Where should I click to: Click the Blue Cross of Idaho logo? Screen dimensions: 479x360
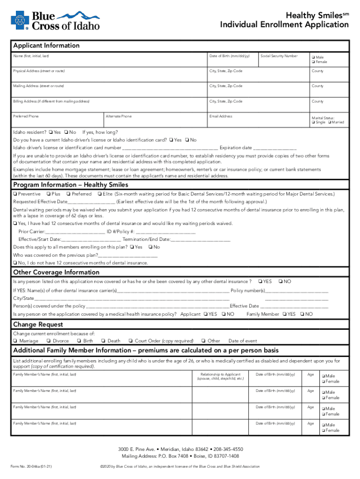55,20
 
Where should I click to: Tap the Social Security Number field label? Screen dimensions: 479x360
279,56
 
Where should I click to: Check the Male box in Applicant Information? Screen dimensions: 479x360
313,57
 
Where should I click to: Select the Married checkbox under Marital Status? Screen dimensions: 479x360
330,122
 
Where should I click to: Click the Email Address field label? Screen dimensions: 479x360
221,116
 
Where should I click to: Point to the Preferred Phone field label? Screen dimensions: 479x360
26,116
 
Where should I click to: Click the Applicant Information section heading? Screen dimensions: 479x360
46,46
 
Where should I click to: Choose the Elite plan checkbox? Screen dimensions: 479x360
100,194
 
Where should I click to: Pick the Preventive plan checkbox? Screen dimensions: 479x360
16,194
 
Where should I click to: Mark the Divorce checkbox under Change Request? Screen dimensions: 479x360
49,341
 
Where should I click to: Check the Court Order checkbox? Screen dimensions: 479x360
130,341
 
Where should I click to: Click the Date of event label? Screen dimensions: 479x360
243,341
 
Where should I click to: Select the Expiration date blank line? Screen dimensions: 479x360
275,148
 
